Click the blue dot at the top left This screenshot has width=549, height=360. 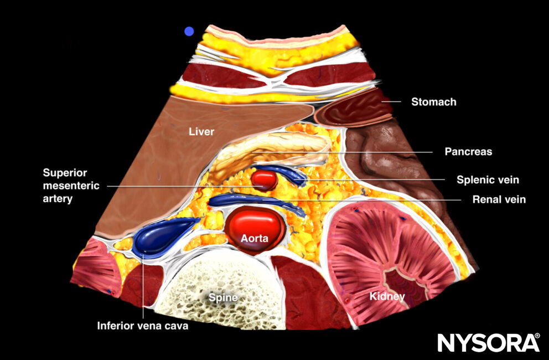tap(189, 32)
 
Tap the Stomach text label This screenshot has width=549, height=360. tap(433, 102)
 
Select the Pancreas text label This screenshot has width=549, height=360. tap(468, 151)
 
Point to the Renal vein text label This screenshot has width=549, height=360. tap(499, 199)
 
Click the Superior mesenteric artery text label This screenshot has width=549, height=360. tap(73, 186)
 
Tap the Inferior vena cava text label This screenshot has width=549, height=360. tap(143, 326)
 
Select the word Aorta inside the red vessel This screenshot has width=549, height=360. tap(255, 239)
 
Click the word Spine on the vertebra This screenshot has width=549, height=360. tap(223, 297)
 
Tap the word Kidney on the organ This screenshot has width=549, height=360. tap(387, 297)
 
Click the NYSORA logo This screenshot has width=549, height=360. tap(488, 342)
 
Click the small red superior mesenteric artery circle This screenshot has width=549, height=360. tap(265, 179)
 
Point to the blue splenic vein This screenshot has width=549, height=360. tap(282, 173)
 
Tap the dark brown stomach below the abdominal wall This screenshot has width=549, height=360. tap(354, 110)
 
